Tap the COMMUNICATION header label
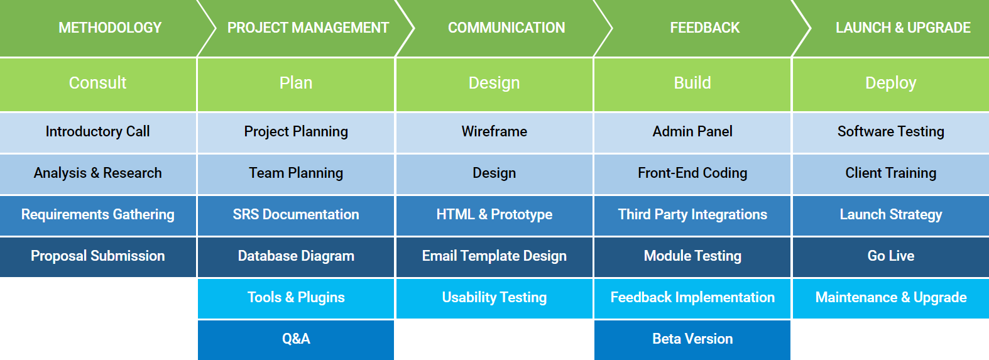(506, 28)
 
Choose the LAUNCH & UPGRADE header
(896, 28)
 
